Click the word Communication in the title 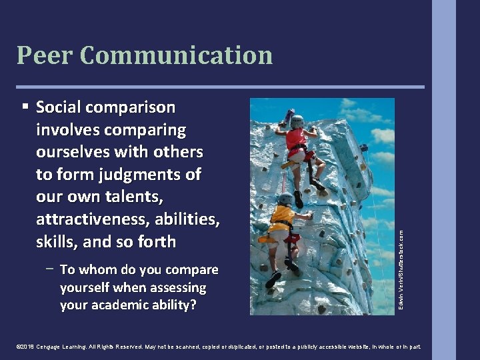(x=176, y=55)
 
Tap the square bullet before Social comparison (x=25, y=106)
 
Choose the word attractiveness (x=90, y=220)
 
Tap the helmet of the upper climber (x=297, y=121)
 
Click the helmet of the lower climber (x=285, y=198)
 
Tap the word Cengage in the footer (x=53, y=347)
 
